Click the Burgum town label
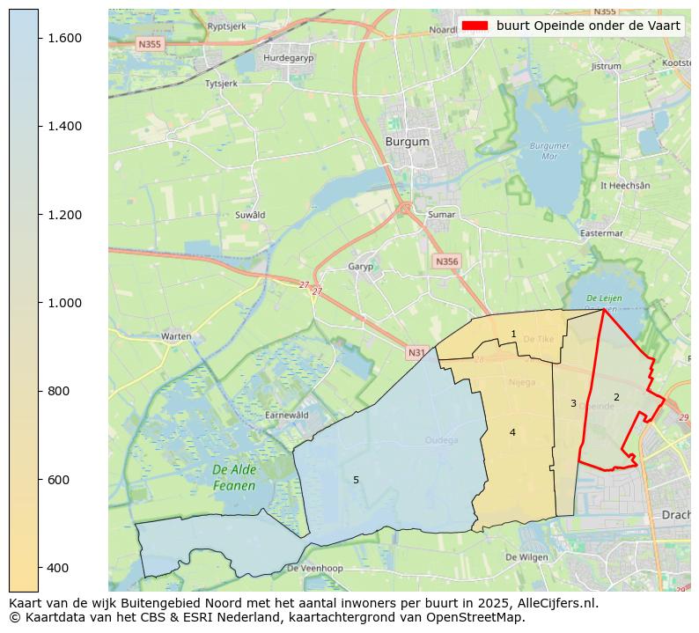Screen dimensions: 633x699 point(407,141)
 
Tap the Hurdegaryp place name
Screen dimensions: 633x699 point(288,59)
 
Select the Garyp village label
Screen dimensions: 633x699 point(361,267)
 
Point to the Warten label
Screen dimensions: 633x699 point(176,336)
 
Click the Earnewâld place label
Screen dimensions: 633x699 point(287,415)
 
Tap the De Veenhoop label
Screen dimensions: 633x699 point(315,569)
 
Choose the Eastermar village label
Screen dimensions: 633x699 point(601,233)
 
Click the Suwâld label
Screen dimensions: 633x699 point(250,215)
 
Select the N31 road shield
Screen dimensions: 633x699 point(416,353)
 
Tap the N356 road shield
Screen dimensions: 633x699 point(446,261)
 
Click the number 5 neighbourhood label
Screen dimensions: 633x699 point(356,480)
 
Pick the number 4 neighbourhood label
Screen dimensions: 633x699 point(512,432)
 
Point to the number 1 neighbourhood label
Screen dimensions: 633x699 point(513,334)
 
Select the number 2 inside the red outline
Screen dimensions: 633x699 point(616,397)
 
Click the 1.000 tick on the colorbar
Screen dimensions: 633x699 point(64,303)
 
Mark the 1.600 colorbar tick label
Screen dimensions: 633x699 point(64,38)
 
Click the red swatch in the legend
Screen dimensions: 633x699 point(475,26)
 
